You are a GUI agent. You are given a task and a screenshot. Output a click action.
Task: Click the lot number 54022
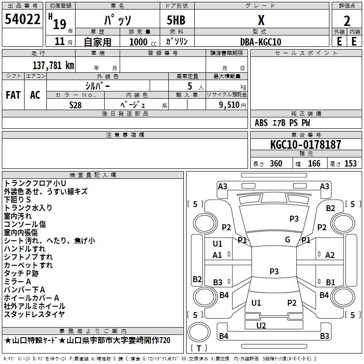coord(22,19)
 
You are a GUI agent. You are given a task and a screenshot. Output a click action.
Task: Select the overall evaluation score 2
coord(347,21)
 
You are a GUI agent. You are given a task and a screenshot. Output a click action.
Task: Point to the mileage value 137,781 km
coord(53,65)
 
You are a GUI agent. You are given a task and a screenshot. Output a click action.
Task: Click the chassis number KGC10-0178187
coord(306,144)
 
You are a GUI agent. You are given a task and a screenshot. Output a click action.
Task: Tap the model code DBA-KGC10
coord(261,42)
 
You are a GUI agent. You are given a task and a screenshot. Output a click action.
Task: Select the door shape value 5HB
coord(176,20)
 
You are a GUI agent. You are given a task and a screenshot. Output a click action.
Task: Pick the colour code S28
coord(76,105)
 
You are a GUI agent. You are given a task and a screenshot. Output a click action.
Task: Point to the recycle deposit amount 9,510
coord(229,105)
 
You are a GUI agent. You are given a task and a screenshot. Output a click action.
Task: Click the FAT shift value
coord(13,95)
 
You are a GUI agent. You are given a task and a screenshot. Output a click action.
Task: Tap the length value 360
coord(276,163)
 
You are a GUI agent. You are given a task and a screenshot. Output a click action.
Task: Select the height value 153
coord(350,163)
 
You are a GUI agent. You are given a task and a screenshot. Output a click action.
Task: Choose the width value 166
coord(314,163)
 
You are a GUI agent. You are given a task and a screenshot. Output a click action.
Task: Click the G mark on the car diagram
coord(288,239)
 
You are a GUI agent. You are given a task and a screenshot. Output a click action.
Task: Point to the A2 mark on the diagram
coord(330,255)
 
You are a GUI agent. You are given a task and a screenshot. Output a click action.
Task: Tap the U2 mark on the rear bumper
coord(261,325)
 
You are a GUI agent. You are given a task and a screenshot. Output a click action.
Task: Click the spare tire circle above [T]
coord(199,332)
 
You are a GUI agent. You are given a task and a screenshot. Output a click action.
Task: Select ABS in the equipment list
coord(261,123)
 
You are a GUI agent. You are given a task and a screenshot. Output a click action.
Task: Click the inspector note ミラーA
coord(17,282)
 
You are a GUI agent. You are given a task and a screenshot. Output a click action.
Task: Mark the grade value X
coord(261,20)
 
